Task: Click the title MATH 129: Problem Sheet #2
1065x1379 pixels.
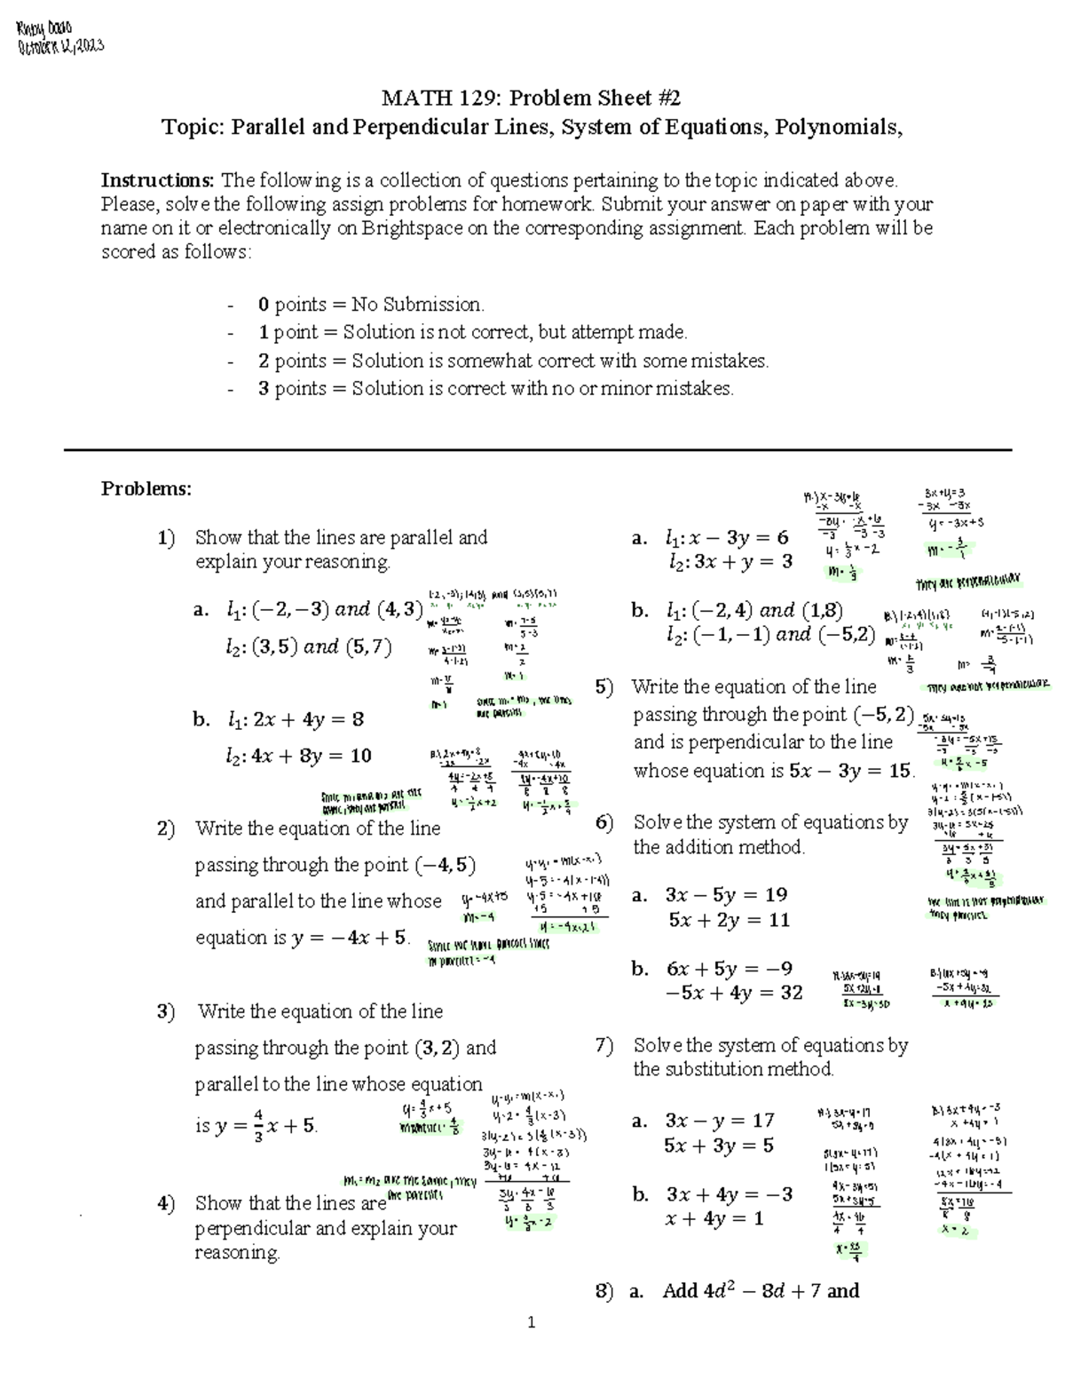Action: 531,98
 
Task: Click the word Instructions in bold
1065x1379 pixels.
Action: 157,180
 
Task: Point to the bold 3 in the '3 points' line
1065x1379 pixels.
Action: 264,389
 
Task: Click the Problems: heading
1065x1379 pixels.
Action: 146,489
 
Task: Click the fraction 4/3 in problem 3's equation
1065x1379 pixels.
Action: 257,1125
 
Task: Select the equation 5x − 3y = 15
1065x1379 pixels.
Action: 850,771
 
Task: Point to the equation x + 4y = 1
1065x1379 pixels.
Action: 714,1219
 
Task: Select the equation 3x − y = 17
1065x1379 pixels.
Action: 720,1121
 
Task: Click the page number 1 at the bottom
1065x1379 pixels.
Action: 532,1323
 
